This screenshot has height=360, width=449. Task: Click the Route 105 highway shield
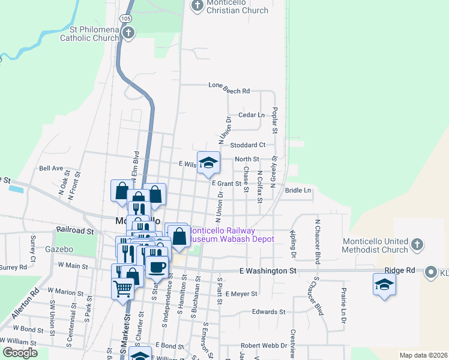pyautogui.click(x=125, y=19)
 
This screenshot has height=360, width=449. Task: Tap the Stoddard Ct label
pyautogui.click(x=248, y=145)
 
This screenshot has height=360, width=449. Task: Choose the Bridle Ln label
pyautogui.click(x=298, y=190)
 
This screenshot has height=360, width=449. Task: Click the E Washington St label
pyautogui.click(x=268, y=271)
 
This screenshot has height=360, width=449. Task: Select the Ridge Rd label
pyautogui.click(x=400, y=271)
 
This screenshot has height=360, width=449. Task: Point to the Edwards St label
pyautogui.click(x=268, y=311)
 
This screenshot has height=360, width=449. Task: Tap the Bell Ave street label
pyautogui.click(x=51, y=169)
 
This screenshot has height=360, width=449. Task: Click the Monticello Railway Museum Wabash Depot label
pyautogui.click(x=231, y=235)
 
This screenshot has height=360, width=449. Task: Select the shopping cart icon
pyautogui.click(x=123, y=289)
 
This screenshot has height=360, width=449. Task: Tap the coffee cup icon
pyautogui.click(x=157, y=266)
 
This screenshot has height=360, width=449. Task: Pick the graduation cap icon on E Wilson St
pyautogui.click(x=208, y=162)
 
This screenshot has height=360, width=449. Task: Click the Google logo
pyautogui.click(x=19, y=353)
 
